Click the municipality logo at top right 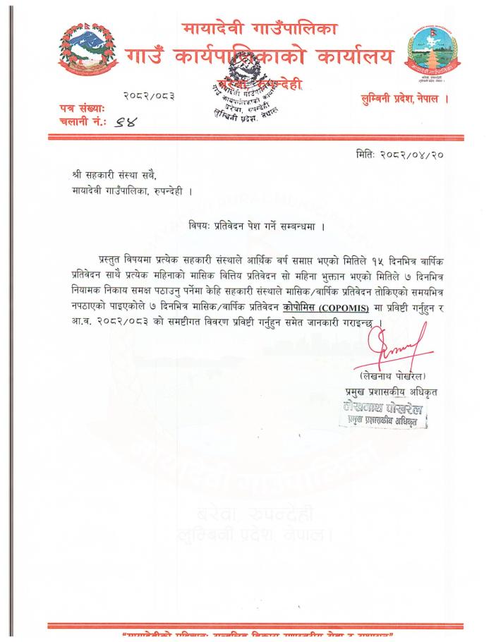(432, 54)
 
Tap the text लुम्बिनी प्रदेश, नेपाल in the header (403, 98)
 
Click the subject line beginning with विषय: (256, 226)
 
